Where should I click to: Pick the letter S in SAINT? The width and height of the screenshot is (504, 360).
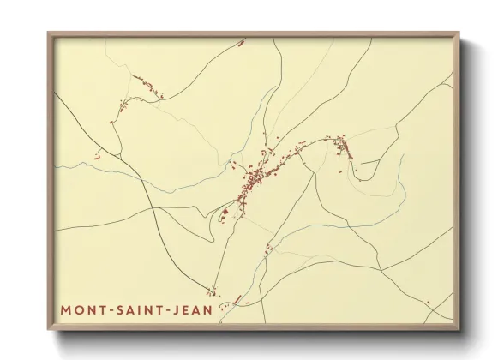117,309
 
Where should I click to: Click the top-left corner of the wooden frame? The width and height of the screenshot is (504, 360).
48,33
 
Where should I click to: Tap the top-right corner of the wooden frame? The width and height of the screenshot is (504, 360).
459,33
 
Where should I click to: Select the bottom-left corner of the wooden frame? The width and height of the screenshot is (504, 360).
48,329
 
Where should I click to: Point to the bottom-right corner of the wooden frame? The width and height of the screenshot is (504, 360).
459,329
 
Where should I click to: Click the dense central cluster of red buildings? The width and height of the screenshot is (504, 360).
253,181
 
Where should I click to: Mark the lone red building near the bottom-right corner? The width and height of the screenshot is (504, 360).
428,303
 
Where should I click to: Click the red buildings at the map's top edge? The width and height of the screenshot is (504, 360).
241,41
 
